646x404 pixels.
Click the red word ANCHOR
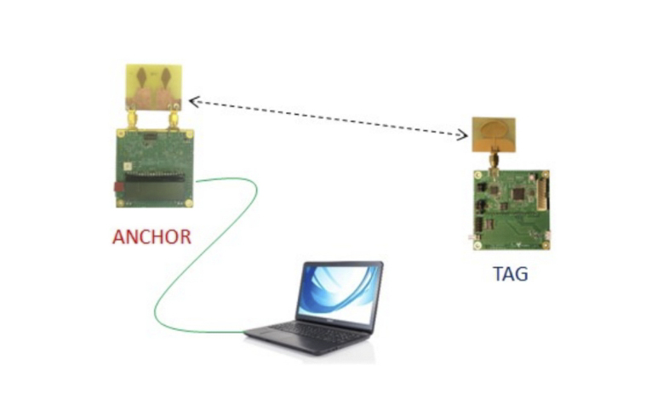pos(151,236)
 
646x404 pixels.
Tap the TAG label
pos(510,275)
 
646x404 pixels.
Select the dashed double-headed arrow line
pos(329,117)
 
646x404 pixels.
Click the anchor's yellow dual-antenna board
pos(153,88)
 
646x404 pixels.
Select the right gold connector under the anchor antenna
pos(174,120)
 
